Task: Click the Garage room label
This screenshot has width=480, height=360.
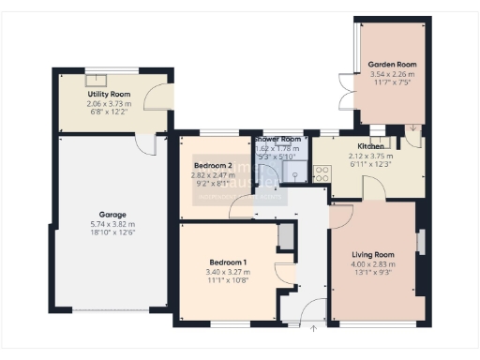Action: tap(112, 215)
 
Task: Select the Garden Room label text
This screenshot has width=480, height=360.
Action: tap(393, 65)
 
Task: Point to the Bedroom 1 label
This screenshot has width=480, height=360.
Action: tap(228, 262)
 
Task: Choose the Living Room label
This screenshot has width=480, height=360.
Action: tap(373, 254)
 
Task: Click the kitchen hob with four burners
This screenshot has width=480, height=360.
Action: tap(321, 172)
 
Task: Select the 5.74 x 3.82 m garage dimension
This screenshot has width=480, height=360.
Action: tap(112, 225)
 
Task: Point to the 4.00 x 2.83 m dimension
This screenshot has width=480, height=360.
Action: tap(373, 264)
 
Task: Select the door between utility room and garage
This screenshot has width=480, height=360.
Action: tap(144, 143)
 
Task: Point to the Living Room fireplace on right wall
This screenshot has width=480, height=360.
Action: tap(420, 241)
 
